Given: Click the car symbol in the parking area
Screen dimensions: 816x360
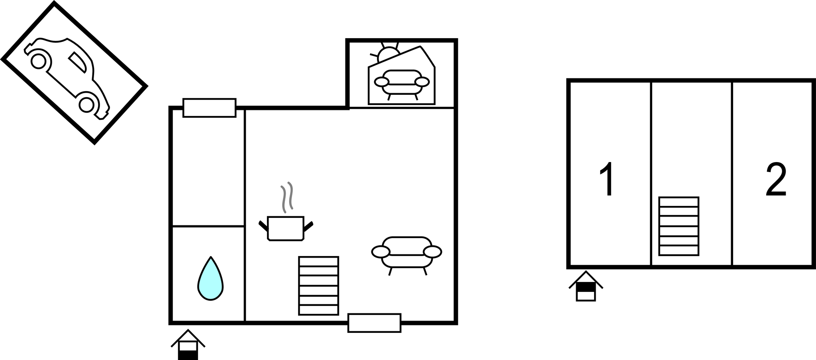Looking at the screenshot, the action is click(67, 78).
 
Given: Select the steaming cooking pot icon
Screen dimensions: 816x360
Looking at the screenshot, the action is click(286, 228).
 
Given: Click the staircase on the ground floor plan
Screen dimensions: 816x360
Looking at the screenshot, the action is click(318, 286).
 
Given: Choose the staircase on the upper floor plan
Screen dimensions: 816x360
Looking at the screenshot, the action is click(679, 226).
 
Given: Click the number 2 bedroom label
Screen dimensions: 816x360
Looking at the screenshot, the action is click(776, 179).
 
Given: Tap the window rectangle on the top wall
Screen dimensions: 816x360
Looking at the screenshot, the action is click(209, 108).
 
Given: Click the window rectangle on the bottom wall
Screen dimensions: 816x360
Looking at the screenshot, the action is click(374, 323).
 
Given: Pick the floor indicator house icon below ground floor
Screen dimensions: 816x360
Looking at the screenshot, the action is click(188, 344).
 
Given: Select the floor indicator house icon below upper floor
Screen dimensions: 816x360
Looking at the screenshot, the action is click(585, 286).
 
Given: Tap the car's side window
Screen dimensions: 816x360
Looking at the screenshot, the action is click(77, 62).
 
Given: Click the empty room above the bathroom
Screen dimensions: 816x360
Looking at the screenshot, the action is click(208, 167).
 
